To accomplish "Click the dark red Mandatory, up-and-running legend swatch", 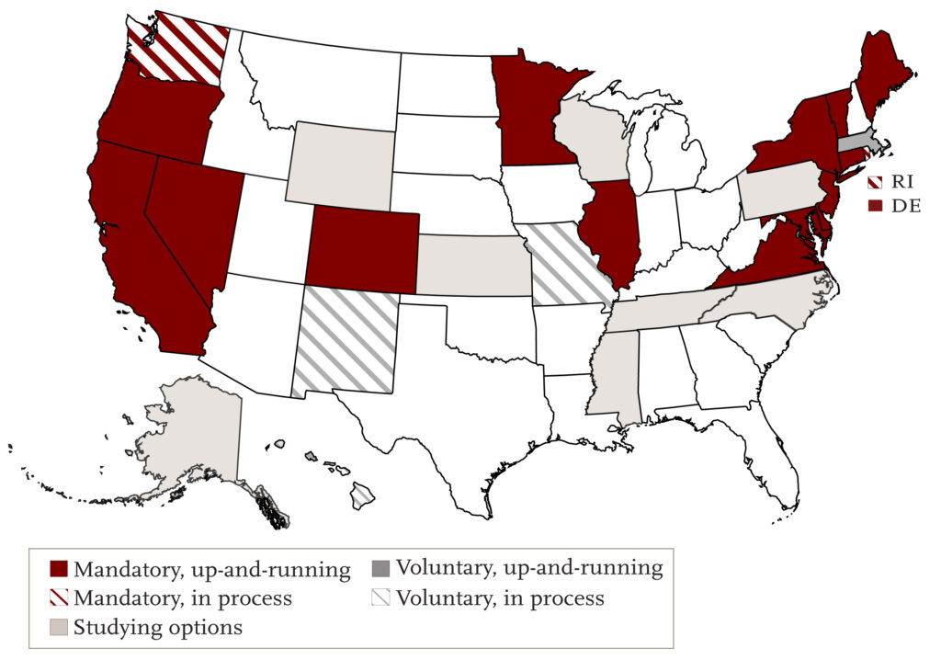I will tap(60, 570).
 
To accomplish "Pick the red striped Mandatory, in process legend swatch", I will tap(60, 598).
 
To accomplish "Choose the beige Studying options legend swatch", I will tap(60, 628).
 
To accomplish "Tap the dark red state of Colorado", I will tap(362, 246).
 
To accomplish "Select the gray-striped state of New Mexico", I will tap(347, 340).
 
